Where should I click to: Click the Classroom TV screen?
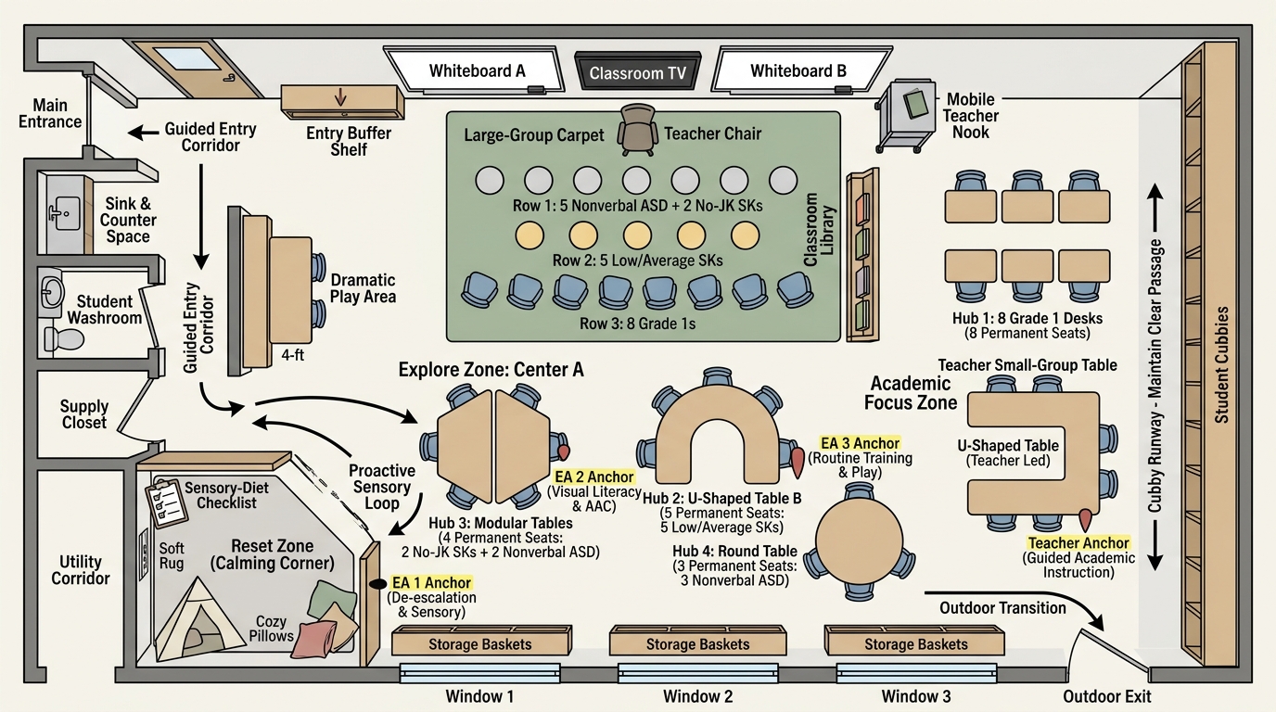pos(637,71)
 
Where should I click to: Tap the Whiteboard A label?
pos(477,70)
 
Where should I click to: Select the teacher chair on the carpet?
pos(637,129)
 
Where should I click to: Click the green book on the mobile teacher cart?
pos(915,103)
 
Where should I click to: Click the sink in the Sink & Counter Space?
pos(64,212)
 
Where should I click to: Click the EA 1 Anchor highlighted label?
pos(431,583)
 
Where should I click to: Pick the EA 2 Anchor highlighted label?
pos(594,477)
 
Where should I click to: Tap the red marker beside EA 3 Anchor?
pos(798,462)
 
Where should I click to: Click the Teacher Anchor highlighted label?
pos(1078,543)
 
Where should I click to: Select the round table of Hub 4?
pos(859,541)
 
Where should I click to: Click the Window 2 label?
pos(697,696)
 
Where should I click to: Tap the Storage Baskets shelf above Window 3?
pos(914,641)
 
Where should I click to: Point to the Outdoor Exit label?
pos(1107,696)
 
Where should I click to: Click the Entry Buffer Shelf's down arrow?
pos(340,96)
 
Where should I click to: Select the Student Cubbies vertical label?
pos(1221,364)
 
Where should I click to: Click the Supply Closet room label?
pos(84,414)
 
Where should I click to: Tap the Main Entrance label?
pos(50,113)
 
